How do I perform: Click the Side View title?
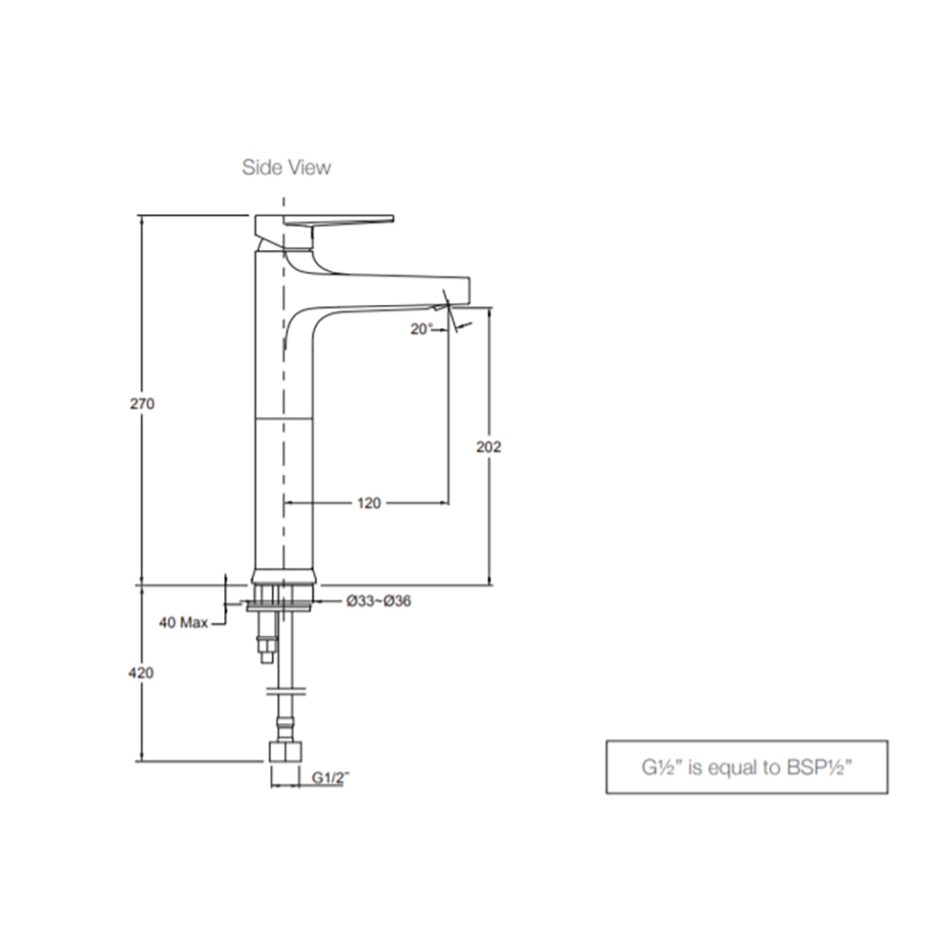tap(287, 167)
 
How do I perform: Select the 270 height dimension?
tap(142, 404)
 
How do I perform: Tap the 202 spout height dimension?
tap(489, 448)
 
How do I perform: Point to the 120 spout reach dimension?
tap(369, 503)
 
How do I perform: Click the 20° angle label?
tap(421, 329)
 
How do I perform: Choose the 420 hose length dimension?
tap(141, 674)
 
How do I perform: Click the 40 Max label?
tap(184, 623)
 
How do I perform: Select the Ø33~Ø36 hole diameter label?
tap(379, 601)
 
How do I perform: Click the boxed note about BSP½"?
tap(746, 767)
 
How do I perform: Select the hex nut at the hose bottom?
tap(285, 753)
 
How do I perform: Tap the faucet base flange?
tap(283, 577)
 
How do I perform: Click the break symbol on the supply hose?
tap(287, 691)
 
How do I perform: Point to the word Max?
tap(194, 623)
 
